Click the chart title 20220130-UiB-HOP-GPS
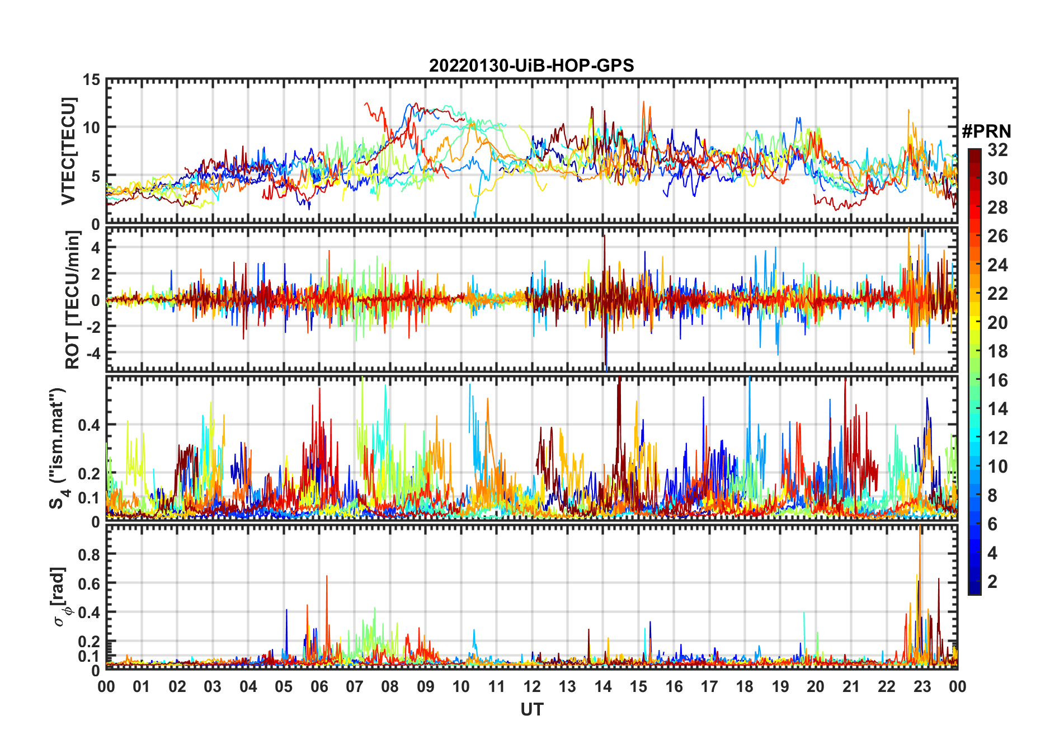pyautogui.click(x=531, y=66)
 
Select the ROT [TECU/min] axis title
pyautogui.click(x=72, y=300)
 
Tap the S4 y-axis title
pyautogui.click(x=58, y=448)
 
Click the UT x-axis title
pyautogui.click(x=531, y=709)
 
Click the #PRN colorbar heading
pyautogui.click(x=986, y=131)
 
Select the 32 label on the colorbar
pyautogui.click(x=997, y=150)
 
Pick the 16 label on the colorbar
pyautogui.click(x=997, y=380)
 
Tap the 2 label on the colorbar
pyautogui.click(x=992, y=582)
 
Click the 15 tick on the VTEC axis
pyautogui.click(x=91, y=80)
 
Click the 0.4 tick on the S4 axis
pyautogui.click(x=88, y=425)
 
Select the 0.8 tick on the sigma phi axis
pyautogui.click(x=88, y=554)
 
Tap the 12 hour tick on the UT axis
pyautogui.click(x=532, y=687)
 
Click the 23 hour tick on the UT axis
pyautogui.click(x=922, y=687)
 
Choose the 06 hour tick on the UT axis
pyautogui.click(x=319, y=687)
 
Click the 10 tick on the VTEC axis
pyautogui.click(x=91, y=128)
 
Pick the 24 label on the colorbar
pyautogui.click(x=997, y=265)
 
